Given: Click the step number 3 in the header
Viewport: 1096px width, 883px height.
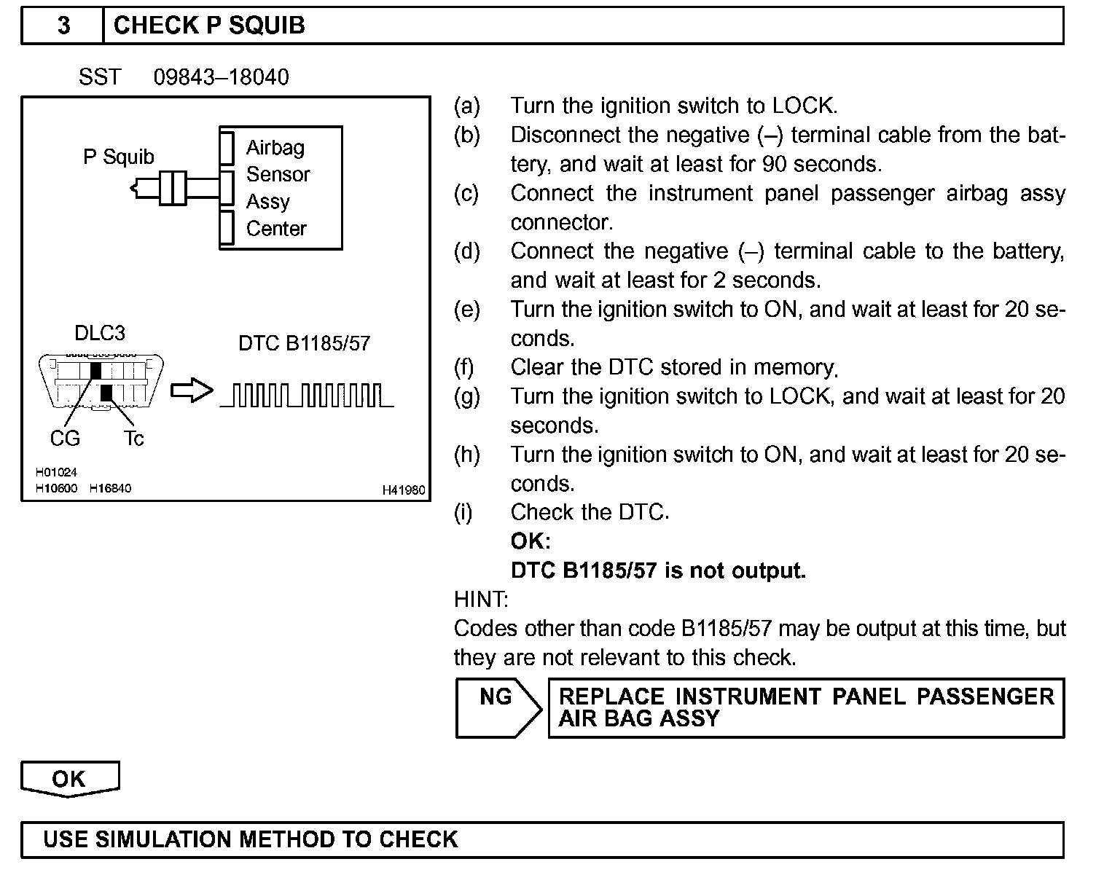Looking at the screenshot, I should coord(64,25).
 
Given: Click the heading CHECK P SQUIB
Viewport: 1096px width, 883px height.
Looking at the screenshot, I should coord(209,25).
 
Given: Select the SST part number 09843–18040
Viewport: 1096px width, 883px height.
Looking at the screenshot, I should coord(221,77).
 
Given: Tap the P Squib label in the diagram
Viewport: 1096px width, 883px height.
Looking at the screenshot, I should coord(119,157).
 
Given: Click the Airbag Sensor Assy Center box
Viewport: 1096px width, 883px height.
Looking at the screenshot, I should coord(281,188).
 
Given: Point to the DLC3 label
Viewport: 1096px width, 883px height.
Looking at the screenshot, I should coord(100,333).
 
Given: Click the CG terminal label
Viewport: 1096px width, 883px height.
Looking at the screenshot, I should coord(65,439).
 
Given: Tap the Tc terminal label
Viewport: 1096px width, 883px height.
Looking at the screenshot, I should coord(133,439).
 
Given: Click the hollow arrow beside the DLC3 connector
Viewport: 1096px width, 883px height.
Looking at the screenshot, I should coord(192,391).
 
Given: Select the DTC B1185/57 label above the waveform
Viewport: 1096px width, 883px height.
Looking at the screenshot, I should coord(304,343).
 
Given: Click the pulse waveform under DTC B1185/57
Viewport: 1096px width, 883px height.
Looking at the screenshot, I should coord(307,396).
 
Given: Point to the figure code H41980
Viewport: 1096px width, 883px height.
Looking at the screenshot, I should coord(404,491).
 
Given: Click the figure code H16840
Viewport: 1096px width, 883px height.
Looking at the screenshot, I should coord(110,488).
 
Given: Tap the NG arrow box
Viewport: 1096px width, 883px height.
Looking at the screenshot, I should coord(498,707).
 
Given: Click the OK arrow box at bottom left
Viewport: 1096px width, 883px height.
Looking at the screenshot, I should coord(69,779).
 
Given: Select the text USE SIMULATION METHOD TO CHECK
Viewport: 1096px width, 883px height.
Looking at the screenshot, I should coord(251,839).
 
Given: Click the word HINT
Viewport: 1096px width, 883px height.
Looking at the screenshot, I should coord(480,600).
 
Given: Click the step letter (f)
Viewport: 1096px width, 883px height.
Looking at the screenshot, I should coord(464,367).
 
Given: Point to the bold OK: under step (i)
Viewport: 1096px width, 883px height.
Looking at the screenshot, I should coord(530,541).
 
